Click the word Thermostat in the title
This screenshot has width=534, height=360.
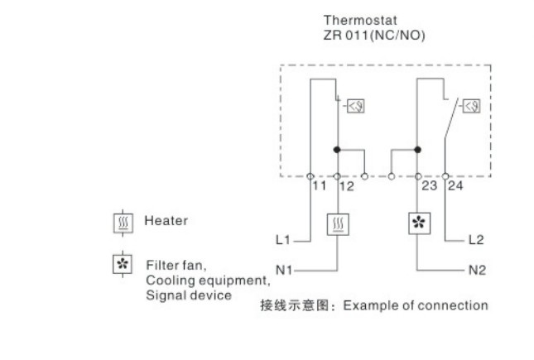[x=360, y=20]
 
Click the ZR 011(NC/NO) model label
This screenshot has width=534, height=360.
[x=374, y=35]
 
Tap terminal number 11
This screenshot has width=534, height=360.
[x=320, y=186]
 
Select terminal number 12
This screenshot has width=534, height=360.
[x=347, y=186]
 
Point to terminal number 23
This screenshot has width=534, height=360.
[x=430, y=186]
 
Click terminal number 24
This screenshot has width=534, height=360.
[x=455, y=186]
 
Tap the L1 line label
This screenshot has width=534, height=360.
[x=282, y=240]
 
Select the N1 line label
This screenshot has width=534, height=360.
[x=284, y=270]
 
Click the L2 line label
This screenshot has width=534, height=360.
[x=476, y=240]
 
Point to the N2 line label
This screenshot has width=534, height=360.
[x=477, y=270]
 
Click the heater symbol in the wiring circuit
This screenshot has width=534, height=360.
[x=338, y=224]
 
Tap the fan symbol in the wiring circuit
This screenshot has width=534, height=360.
[x=419, y=223]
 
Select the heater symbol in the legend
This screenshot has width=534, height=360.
[x=123, y=223]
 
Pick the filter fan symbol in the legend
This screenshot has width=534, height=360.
[x=123, y=264]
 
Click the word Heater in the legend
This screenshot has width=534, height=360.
[x=166, y=221]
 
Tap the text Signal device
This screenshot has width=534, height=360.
[x=189, y=295]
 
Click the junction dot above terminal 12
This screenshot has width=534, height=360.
[x=337, y=150]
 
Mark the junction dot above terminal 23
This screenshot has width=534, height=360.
[x=417, y=150]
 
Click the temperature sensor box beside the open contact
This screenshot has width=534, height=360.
[x=472, y=106]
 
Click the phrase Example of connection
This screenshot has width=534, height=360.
[x=416, y=305]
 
